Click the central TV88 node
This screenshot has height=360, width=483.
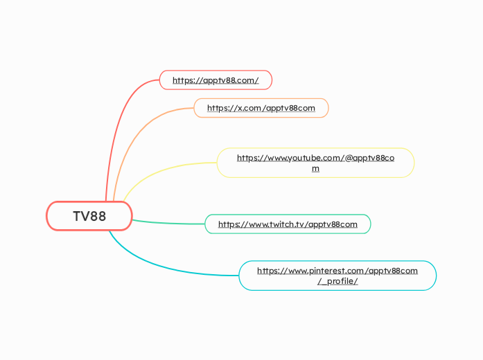click(x=89, y=216)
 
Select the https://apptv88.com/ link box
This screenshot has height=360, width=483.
click(x=216, y=80)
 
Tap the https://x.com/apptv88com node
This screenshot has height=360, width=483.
click(x=261, y=108)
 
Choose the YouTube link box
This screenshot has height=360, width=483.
click(x=315, y=163)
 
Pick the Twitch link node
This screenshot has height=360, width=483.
click(x=288, y=224)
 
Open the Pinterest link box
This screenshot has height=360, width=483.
click(x=337, y=276)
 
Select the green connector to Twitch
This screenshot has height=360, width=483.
click(x=166, y=223)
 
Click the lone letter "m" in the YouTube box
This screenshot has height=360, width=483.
click(x=315, y=168)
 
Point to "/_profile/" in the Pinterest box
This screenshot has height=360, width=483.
click(x=337, y=281)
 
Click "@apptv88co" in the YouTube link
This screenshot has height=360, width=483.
click(x=369, y=158)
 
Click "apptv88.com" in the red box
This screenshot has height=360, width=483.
click(x=229, y=80)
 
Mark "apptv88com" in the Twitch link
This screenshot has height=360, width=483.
click(x=333, y=224)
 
